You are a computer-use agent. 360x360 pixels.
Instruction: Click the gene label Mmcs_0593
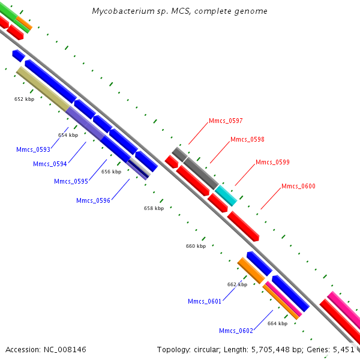click(34, 149)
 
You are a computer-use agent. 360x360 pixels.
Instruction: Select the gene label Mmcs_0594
click(50, 164)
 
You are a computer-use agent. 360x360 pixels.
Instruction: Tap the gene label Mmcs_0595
click(71, 181)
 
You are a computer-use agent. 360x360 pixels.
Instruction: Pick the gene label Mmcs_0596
click(93, 200)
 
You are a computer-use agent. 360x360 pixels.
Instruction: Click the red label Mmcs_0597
click(226, 121)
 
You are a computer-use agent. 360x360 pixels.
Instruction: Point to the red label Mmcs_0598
click(247, 139)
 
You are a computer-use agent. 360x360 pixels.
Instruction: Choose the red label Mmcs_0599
click(272, 162)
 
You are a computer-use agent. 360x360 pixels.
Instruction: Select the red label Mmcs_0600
click(298, 186)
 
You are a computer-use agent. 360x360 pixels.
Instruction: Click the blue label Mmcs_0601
click(205, 301)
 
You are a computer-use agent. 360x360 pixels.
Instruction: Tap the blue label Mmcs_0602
click(236, 331)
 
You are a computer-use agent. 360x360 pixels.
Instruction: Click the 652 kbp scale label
click(24, 99)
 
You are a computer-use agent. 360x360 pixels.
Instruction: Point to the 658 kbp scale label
click(154, 208)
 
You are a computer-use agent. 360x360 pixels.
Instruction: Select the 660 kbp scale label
click(196, 246)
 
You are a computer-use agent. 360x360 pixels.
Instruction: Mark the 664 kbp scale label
click(277, 323)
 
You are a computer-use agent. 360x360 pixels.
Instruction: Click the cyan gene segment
click(226, 196)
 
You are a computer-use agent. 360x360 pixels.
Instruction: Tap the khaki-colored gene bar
click(42, 88)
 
